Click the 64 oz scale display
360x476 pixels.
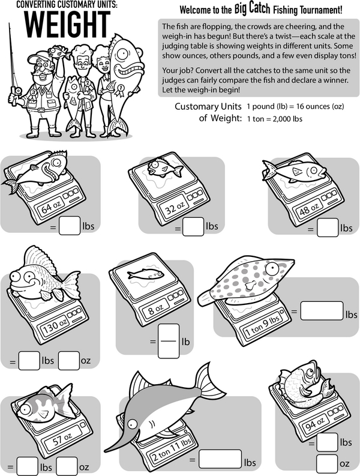(50, 206)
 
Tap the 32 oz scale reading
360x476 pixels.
(175, 207)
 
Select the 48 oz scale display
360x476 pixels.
(310, 208)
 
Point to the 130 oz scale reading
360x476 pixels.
(55, 326)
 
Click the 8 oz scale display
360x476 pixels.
(156, 310)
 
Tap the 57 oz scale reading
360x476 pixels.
(62, 439)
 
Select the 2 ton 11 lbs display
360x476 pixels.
(172, 450)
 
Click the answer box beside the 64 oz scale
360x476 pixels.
(70, 226)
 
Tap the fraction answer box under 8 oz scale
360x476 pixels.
(169, 341)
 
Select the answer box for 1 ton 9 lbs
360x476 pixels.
(322, 311)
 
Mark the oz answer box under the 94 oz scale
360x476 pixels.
(327, 463)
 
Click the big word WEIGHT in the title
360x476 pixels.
(67, 24)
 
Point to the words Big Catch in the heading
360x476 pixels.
(252, 9)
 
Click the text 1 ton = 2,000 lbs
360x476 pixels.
(275, 119)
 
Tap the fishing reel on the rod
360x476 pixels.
(17, 91)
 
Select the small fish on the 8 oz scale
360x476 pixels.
(145, 275)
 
